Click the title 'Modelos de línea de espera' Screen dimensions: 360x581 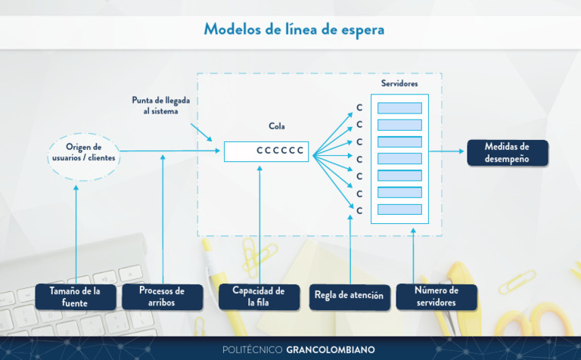[x=294, y=29]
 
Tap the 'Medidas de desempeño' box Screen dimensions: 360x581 [x=506, y=152]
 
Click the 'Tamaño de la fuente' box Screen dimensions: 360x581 [x=75, y=296]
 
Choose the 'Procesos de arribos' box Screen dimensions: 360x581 [x=162, y=296]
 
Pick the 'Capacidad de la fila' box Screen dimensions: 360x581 [x=258, y=296]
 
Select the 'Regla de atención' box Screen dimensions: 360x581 [x=349, y=296]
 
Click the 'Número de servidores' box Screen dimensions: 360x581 [x=437, y=296]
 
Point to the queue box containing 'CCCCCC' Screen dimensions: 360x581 [x=266, y=151]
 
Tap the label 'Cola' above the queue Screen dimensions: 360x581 [x=277, y=126]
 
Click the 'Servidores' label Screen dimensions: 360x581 [x=400, y=83]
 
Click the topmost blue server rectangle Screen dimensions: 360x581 [x=399, y=108]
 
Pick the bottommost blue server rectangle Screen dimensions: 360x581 [x=399, y=209]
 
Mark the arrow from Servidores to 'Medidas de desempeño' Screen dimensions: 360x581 [x=446, y=151]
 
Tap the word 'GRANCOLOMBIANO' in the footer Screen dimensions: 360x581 [x=330, y=349]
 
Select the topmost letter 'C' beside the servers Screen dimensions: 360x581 [x=360, y=108]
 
